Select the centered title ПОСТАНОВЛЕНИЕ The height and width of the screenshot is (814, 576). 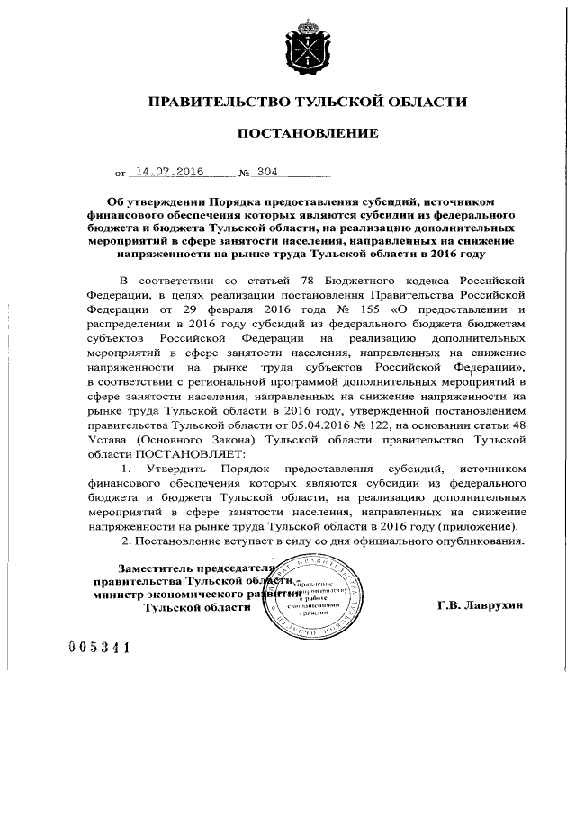tap(301, 134)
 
